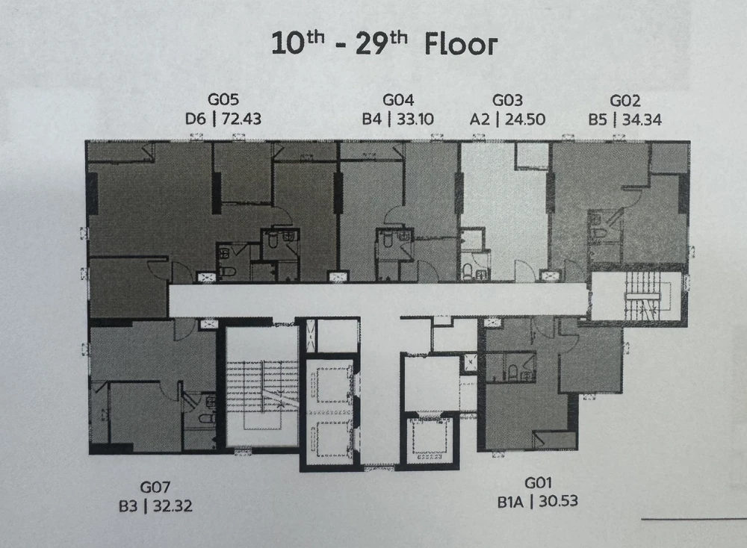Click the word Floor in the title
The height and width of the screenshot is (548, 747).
pos(461,45)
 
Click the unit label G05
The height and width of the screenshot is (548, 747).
pos(223,99)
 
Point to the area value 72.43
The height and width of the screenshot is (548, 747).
pos(241,119)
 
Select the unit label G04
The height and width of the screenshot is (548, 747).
pos(398,100)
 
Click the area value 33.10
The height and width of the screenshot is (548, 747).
pos(415,119)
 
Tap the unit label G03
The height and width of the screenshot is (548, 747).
pos(507,101)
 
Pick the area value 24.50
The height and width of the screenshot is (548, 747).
pos(525,119)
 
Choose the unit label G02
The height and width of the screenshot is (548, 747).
pos(625,101)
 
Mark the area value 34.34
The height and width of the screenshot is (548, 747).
pos(642,119)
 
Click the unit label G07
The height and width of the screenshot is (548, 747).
pos(155,488)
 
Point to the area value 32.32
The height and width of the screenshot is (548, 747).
pos(173,506)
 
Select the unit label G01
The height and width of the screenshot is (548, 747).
pos(538,483)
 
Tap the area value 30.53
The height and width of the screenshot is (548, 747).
pos(558,502)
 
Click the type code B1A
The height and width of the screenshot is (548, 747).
pos(510,502)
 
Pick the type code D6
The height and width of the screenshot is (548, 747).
pos(195,119)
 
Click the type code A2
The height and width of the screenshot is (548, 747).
pos(480,119)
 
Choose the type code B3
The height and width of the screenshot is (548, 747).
pos(128,506)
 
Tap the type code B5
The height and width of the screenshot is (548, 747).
pos(598,119)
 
